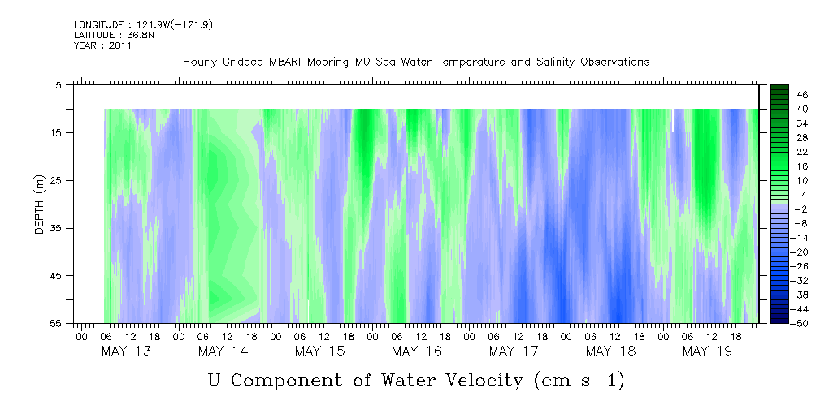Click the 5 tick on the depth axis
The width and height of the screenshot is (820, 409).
pos(59,84)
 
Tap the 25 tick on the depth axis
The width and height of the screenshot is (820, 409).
pos(57,180)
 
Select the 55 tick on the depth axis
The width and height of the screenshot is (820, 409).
pos(57,323)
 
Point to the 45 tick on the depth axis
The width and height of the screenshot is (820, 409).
pos(57,276)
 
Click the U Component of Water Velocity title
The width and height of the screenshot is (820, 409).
pos(415,380)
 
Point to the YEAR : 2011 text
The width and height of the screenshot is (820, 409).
pos(102,45)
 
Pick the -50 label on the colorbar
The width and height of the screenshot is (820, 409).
pos(802,323)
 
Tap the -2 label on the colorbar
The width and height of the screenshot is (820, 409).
pos(802,209)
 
